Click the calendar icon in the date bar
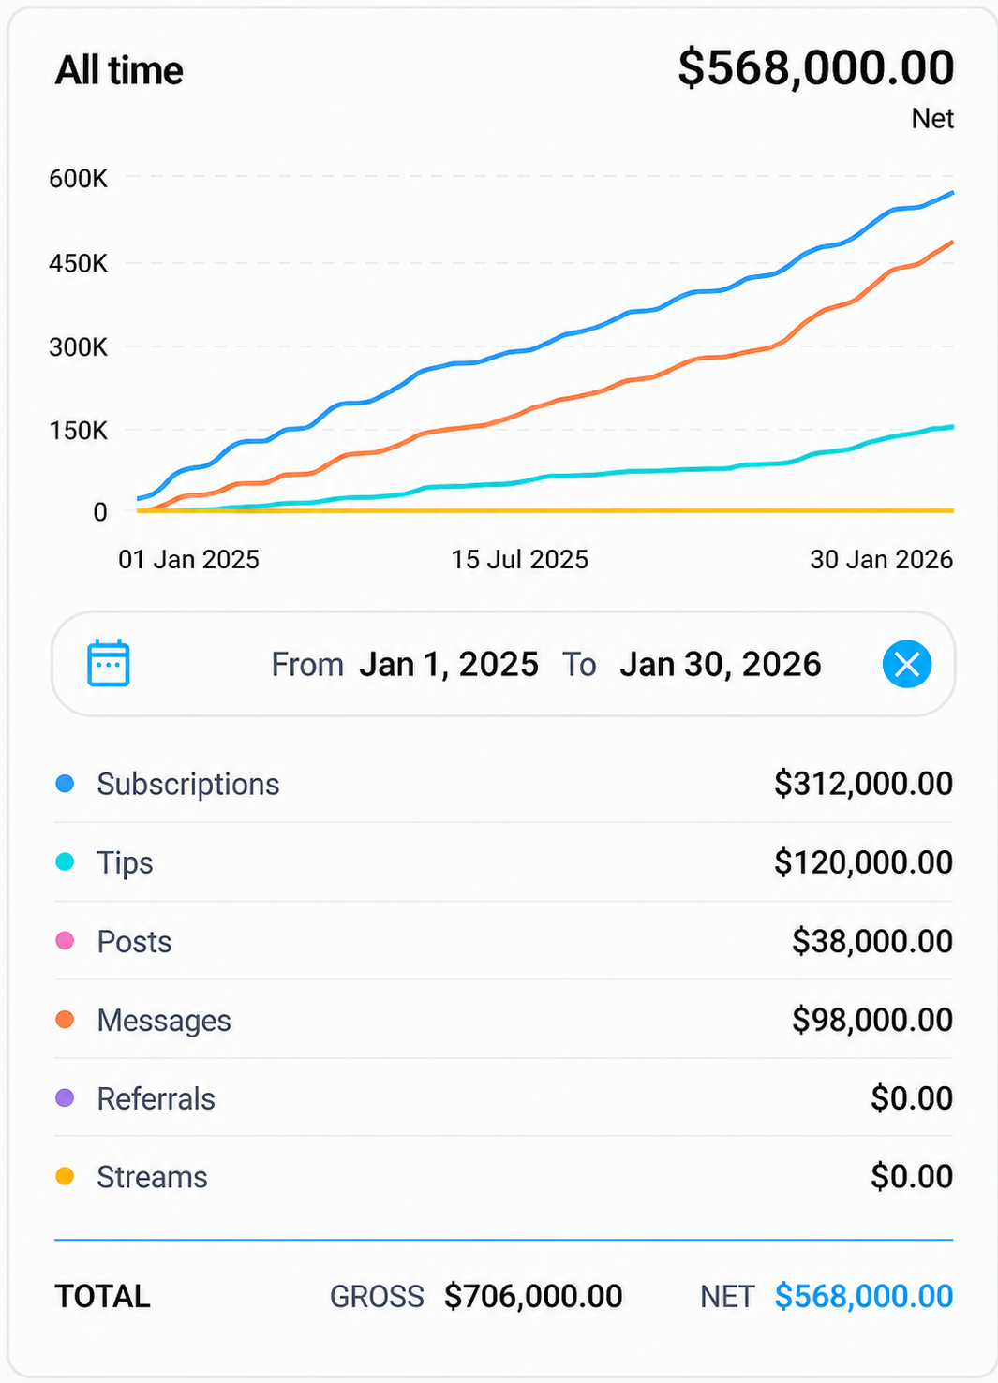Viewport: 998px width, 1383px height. pos(108,663)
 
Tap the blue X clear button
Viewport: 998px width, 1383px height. pos(906,664)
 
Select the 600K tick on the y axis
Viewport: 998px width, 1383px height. pos(78,179)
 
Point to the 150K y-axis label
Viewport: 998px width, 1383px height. pos(78,431)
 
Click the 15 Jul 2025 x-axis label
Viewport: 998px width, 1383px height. pos(519,560)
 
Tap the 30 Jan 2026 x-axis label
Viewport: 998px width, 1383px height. pos(881,560)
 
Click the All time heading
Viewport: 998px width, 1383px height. pos(119,70)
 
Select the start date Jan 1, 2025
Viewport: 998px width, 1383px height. pos(449,664)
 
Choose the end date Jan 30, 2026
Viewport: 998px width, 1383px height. pos(721,664)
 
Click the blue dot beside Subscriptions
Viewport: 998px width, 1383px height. pos(65,784)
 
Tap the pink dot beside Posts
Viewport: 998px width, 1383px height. pos(65,940)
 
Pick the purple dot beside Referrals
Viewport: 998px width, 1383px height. pos(65,1097)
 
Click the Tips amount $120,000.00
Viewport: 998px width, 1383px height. pos(863,862)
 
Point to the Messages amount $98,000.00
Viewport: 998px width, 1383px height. pos(871,1020)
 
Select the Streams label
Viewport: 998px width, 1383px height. pos(152,1177)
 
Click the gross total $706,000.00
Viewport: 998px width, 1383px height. pos(533,1296)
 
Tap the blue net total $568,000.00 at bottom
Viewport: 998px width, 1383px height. pos(864,1296)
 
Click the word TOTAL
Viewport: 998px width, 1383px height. pos(102,1296)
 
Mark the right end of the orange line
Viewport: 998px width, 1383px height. pos(952,242)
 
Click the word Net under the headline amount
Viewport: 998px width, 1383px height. pos(932,118)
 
